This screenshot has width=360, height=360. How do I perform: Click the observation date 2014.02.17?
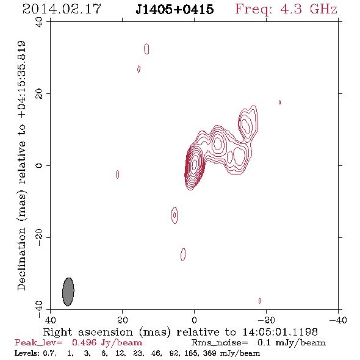(x=62, y=9)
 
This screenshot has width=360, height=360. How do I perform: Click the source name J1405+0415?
(x=175, y=10)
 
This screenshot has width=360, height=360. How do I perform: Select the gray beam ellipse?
(x=68, y=292)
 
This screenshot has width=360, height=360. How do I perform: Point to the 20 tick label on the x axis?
(x=123, y=320)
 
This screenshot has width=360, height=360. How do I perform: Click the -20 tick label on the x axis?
(x=266, y=320)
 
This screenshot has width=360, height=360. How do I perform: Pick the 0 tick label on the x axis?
(x=195, y=320)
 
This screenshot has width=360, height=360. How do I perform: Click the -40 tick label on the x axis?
(x=338, y=320)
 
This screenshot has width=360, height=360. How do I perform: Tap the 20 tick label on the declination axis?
(x=39, y=94)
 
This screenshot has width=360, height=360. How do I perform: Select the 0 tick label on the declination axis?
(x=39, y=165)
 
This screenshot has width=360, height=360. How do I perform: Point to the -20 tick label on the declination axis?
(x=39, y=237)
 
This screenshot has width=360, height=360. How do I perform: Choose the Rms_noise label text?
(x=220, y=343)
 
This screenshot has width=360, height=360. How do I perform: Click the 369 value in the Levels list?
(x=209, y=353)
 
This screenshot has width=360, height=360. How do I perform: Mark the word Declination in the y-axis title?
(x=21, y=259)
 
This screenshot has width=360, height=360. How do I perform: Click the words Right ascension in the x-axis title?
(x=88, y=332)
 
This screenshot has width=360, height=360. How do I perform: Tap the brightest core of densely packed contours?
(x=194, y=164)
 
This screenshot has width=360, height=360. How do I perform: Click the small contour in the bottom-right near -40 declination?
(x=260, y=301)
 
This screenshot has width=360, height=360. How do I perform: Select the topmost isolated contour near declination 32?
(x=146, y=49)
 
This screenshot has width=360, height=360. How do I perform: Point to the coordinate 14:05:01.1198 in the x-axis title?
(x=280, y=332)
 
